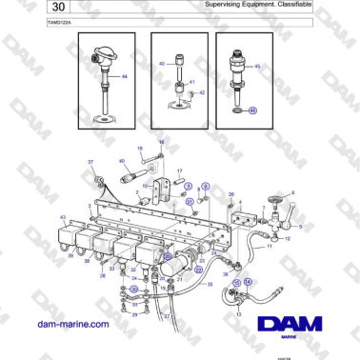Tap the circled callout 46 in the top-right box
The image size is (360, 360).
(x=252, y=110)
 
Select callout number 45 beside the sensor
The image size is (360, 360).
(x=258, y=67)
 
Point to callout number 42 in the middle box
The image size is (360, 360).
(x=202, y=91)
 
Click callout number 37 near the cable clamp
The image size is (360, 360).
(x=91, y=163)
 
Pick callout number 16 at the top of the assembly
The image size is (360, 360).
(x=161, y=141)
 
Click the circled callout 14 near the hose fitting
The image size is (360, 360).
(x=248, y=282)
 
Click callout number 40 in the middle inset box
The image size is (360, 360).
(x=162, y=64)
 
